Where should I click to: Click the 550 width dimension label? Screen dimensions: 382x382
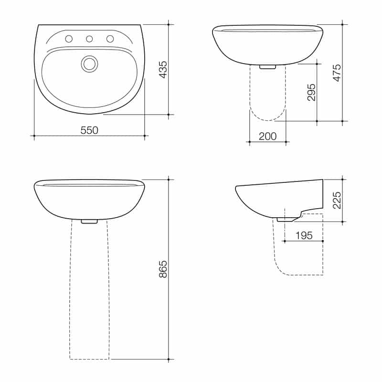[89, 130]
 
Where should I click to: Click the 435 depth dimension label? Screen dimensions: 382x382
[163, 69]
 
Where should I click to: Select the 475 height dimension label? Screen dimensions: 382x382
[337, 73]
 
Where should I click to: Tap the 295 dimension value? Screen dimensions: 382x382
[311, 92]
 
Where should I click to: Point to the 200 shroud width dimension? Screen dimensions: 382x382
[267, 136]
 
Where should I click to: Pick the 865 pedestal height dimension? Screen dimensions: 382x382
[163, 269]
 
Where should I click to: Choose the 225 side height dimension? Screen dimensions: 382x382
[337, 201]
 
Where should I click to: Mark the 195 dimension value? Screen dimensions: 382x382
[304, 235]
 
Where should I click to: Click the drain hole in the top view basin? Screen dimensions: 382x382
[89, 64]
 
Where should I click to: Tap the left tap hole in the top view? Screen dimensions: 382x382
[69, 39]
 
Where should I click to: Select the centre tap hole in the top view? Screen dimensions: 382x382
[89, 39]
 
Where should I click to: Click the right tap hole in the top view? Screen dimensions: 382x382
[110, 39]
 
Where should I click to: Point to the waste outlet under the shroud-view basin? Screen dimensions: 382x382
[267, 67]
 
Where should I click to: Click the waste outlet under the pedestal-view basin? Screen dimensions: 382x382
[89, 221]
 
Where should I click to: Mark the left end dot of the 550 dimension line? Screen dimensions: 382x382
[33, 136]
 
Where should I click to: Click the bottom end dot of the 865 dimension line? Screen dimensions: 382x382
[169, 359]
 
